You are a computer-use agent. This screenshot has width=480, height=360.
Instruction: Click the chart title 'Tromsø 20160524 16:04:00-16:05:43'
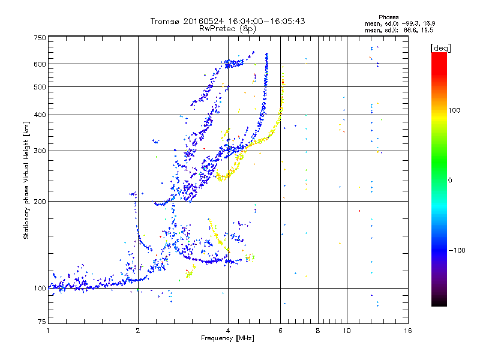[x=227, y=21]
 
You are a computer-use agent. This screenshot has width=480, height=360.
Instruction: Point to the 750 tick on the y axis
[x=40, y=38]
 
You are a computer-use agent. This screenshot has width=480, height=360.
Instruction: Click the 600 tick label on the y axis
[x=40, y=64]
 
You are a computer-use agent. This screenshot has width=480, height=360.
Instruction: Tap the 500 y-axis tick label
[x=40, y=87]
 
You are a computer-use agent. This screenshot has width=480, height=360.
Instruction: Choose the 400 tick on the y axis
[x=40, y=115]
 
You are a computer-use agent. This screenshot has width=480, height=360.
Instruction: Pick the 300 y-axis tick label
[x=40, y=151]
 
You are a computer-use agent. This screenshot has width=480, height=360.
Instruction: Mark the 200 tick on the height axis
[x=40, y=201]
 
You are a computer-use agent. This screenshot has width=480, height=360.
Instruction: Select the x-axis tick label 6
[x=280, y=331]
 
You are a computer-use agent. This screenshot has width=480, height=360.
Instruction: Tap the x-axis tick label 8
[x=318, y=331]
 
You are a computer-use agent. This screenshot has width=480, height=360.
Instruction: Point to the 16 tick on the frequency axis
[x=407, y=331]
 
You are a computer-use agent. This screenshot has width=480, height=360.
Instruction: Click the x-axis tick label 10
[x=346, y=331]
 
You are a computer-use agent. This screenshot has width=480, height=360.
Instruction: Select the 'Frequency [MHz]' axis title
[x=227, y=339]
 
